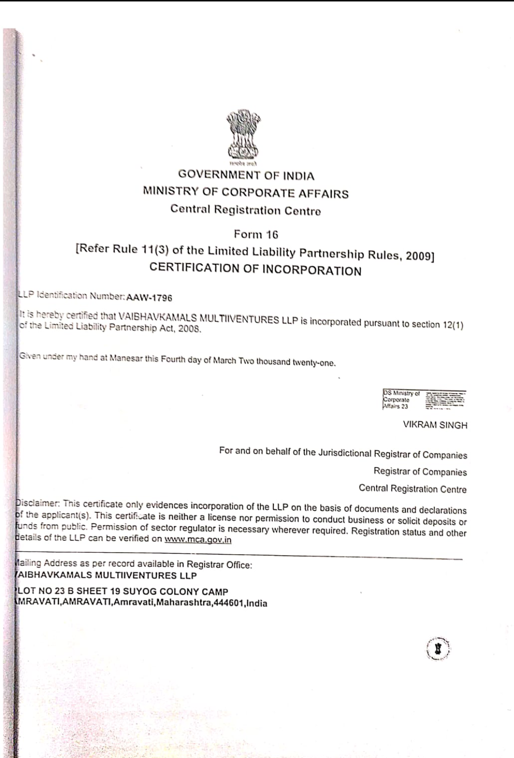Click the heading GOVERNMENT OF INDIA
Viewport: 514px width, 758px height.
(246, 175)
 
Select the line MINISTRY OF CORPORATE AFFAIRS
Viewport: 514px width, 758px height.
(245, 192)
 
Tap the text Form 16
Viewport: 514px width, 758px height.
(256, 235)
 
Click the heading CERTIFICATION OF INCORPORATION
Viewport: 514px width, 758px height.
(255, 269)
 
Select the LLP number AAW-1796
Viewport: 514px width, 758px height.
(149, 297)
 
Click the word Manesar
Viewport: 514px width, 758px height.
(126, 358)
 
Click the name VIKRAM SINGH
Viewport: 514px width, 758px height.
(435, 425)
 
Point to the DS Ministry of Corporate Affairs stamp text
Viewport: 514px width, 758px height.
(401, 400)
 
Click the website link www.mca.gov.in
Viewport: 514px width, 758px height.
(198, 540)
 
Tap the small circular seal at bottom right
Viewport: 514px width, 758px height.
(438, 649)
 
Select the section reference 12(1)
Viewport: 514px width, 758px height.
(453, 325)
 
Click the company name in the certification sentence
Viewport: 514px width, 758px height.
(208, 319)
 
